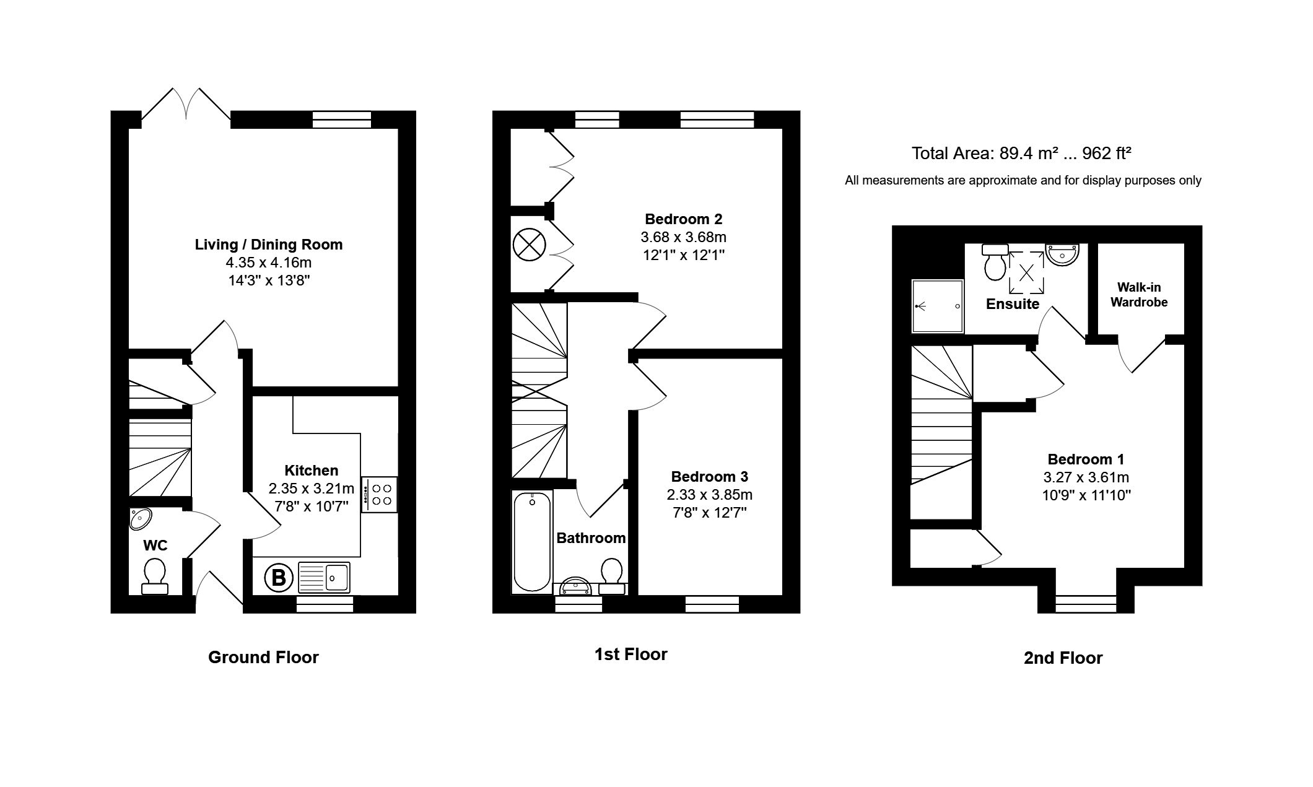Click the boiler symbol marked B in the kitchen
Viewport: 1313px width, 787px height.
[278, 578]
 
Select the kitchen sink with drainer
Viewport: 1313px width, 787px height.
[324, 577]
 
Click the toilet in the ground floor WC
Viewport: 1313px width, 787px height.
[154, 576]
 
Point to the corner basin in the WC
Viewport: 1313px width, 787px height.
[140, 518]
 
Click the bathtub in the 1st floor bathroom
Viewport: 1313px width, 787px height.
[532, 541]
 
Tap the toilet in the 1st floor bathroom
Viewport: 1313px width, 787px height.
[612, 576]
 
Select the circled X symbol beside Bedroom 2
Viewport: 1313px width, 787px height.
[528, 244]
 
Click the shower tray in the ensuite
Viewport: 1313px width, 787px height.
[938, 306]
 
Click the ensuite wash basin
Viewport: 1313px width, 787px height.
[1063, 254]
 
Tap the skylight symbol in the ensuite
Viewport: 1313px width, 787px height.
[1026, 272]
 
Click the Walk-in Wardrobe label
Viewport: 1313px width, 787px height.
[1138, 295]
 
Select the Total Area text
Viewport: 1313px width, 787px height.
[1021, 154]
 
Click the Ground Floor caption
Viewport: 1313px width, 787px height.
[263, 657]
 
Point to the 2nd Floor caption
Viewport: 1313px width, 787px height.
[1063, 658]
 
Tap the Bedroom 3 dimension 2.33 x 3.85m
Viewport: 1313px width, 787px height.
[709, 495]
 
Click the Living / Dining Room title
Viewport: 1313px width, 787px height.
[269, 245]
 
